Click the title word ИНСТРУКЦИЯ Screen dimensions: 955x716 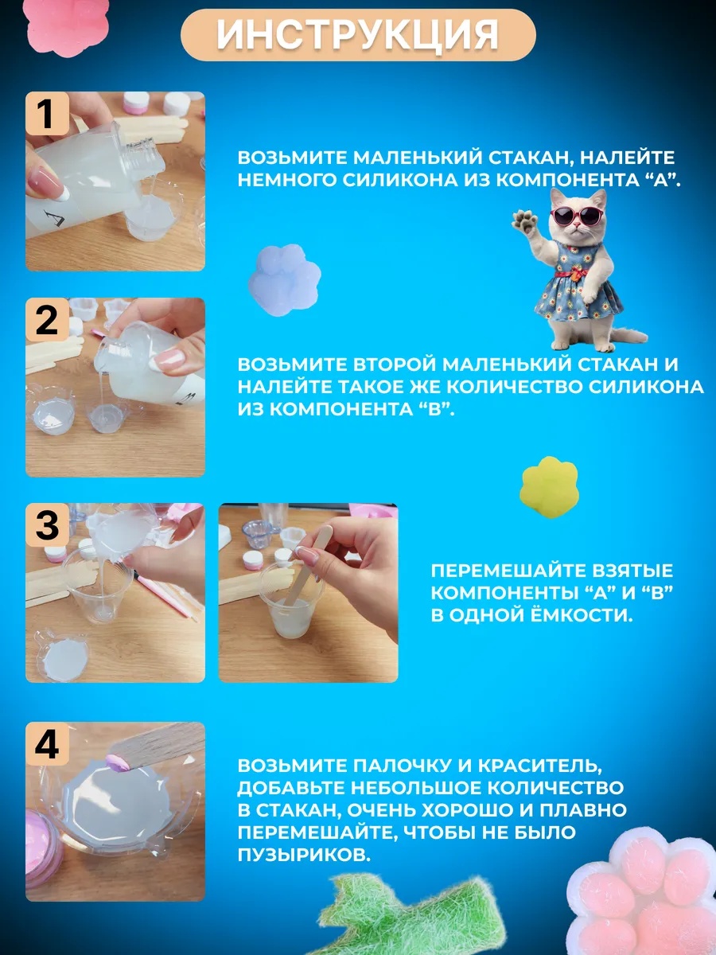click(358, 35)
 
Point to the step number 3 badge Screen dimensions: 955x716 click(46, 525)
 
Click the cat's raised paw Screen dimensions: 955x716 click(523, 219)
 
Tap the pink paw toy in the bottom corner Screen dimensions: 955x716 click(644, 899)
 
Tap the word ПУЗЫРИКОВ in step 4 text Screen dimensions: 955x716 click(303, 856)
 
